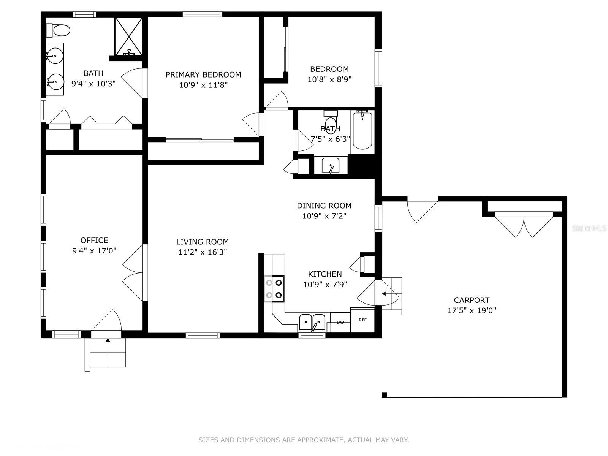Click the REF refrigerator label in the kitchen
click(x=362, y=320)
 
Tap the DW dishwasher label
click(x=340, y=323)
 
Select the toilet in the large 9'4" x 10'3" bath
click(x=58, y=30)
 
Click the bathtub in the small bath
click(x=362, y=130)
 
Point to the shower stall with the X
click(x=128, y=36)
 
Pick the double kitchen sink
click(x=312, y=322)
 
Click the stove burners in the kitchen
click(x=274, y=289)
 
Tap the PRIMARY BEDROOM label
click(x=203, y=74)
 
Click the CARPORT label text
click(x=472, y=300)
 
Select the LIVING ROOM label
click(x=203, y=242)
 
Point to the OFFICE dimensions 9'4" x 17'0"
click(x=94, y=251)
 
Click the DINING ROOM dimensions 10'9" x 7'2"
click(x=324, y=216)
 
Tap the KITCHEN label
click(x=325, y=274)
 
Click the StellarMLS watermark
click(x=589, y=228)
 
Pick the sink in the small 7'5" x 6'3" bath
click(x=331, y=166)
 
